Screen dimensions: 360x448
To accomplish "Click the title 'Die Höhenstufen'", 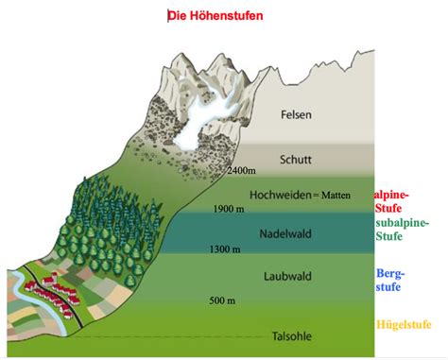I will tap(215, 16).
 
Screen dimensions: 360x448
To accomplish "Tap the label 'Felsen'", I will tap(297, 115).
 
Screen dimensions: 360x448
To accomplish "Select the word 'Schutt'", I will tap(297, 159).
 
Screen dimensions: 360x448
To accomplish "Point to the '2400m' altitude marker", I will tap(243, 171).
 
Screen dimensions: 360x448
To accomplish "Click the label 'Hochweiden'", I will tap(278, 195).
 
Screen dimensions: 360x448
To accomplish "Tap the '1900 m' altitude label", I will tap(232, 209).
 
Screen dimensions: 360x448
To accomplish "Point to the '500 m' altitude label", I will tap(224, 300).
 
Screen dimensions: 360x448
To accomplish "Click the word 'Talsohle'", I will tap(289, 334).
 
